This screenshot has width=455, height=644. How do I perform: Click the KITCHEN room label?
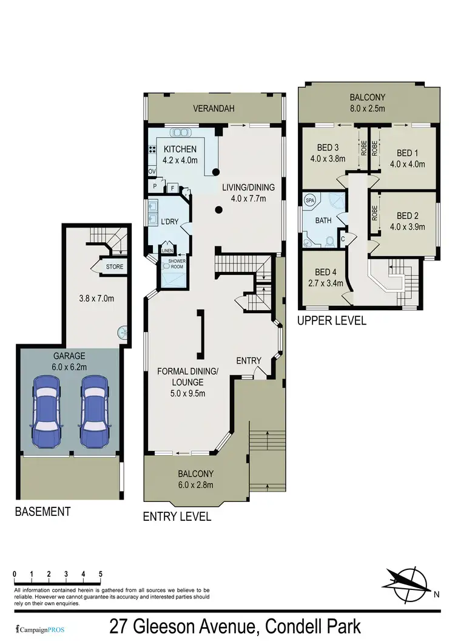pos(179,149)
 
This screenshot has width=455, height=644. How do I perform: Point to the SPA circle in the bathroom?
pos(309,200)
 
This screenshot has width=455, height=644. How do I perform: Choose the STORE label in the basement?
pos(114,266)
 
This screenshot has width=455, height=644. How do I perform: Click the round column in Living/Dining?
pos(218,211)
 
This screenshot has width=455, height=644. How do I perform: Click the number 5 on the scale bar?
pos(101,574)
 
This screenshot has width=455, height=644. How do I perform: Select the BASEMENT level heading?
pos(42,512)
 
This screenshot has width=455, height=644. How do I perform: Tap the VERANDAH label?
pos(214,109)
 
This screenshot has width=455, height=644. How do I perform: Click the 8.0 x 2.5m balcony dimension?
pos(367,109)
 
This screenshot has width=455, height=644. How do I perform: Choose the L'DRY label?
pos(169,222)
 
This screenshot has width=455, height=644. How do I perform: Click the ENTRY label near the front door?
pos(249,361)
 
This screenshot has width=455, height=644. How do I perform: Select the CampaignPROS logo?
pos(38,627)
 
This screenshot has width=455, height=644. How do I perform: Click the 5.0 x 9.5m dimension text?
pos(188,393)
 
